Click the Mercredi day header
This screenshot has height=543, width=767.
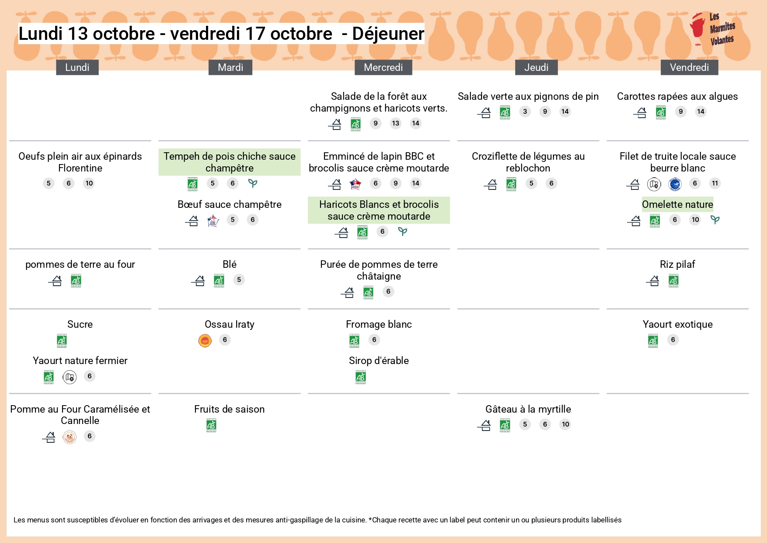pos(383,67)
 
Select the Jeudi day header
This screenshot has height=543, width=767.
pos(536,67)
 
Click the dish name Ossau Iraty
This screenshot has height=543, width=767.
pos(229,324)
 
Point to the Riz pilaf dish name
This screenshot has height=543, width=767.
pos(677,264)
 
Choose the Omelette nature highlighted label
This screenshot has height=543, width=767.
pos(677,204)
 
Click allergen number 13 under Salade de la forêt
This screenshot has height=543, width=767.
pos(396,123)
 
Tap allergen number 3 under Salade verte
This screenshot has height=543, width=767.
pos(525,112)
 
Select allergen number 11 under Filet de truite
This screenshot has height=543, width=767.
pos(715,183)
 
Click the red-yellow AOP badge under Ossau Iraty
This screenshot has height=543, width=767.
pos(205,340)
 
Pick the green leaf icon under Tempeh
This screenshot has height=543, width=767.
pos(253,183)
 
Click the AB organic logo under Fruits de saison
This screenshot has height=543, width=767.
pos(211,425)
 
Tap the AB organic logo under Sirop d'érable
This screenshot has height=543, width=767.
pos(361,377)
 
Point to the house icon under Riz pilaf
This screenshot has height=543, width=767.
pos(653,280)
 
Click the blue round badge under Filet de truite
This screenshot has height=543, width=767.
pos(675,184)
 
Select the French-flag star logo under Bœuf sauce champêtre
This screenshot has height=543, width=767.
pos(213,221)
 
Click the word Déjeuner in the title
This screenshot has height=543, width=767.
pos(388,34)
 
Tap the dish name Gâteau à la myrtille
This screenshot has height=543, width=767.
pos(528,409)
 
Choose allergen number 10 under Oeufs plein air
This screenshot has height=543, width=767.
pos(89,183)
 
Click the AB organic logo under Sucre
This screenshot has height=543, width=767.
pos(62,340)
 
